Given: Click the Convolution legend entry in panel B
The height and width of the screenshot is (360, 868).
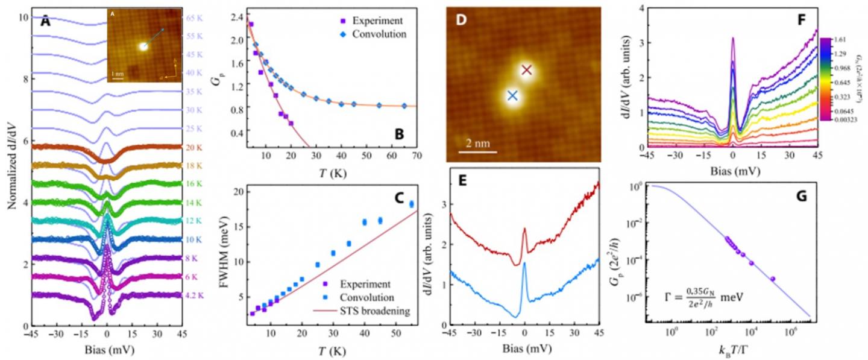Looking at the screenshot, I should click(379, 34).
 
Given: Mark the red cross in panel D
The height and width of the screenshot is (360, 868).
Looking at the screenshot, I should click(527, 70).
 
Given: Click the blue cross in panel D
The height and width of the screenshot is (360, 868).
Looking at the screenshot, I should click(512, 95).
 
